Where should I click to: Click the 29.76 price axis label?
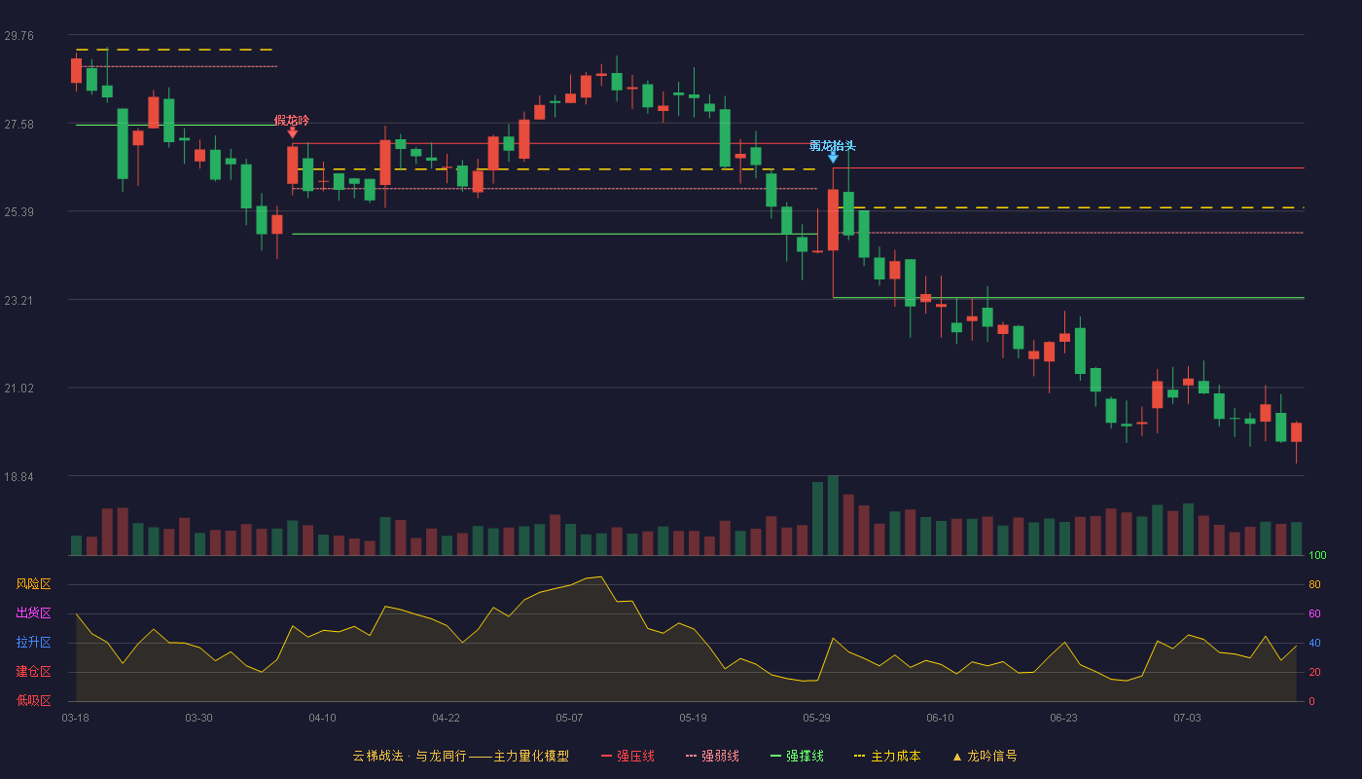(18, 36)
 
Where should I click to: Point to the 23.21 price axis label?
(18, 301)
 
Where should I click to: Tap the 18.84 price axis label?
(18, 477)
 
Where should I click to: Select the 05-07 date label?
(569, 719)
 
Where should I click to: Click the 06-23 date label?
(1063, 719)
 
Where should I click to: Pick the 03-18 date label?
(76, 719)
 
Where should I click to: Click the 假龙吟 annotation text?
(292, 121)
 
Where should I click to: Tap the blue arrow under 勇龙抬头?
(833, 158)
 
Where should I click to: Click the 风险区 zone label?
(33, 584)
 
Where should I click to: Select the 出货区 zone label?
(33, 612)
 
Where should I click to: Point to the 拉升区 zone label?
(33, 642)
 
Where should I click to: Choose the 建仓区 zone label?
(33, 671)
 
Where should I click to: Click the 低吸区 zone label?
(33, 700)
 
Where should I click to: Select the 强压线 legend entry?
(627, 756)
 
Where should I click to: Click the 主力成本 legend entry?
(887, 756)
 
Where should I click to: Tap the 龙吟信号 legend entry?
(985, 756)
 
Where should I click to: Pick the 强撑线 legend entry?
(797, 756)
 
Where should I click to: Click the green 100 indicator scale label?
(1317, 555)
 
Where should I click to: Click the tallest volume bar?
(833, 515)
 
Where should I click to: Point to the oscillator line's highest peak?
(601, 576)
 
